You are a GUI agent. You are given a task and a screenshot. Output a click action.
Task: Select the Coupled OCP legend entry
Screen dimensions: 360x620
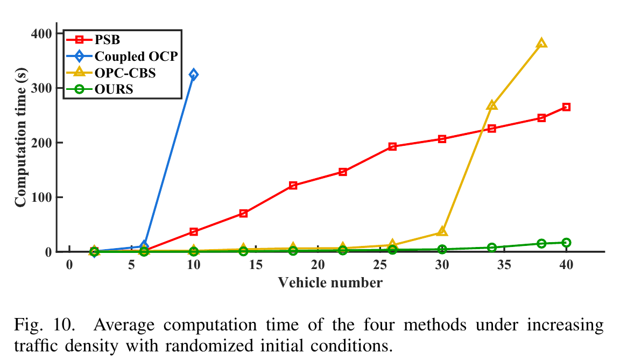point(135,56)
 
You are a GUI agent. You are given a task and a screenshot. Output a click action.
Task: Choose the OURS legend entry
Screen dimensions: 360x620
point(114,89)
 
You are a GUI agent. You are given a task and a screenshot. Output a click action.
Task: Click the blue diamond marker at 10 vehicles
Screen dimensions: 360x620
point(193,74)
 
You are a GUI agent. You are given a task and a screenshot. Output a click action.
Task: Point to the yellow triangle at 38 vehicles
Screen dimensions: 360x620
point(541,43)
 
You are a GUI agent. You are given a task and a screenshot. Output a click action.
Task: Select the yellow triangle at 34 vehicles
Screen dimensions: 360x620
point(491,105)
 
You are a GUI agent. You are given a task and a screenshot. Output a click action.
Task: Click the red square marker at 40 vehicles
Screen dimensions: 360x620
point(566,107)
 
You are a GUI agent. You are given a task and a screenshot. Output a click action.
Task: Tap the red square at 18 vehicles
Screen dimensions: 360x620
point(293,186)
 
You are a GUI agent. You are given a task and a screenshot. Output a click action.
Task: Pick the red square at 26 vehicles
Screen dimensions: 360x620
point(392,146)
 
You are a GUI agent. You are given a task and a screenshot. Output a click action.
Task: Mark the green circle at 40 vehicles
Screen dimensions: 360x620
point(566,243)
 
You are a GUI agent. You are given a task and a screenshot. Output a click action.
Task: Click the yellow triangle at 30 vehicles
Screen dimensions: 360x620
point(442,231)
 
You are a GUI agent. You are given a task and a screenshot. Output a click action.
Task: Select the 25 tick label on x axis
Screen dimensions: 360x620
point(379,265)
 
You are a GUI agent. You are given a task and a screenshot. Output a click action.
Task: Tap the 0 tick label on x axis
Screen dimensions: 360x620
point(69,265)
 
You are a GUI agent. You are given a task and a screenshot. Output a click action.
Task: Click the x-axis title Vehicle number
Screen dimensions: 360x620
point(330,283)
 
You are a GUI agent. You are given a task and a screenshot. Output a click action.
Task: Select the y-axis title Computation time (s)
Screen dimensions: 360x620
point(20,143)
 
